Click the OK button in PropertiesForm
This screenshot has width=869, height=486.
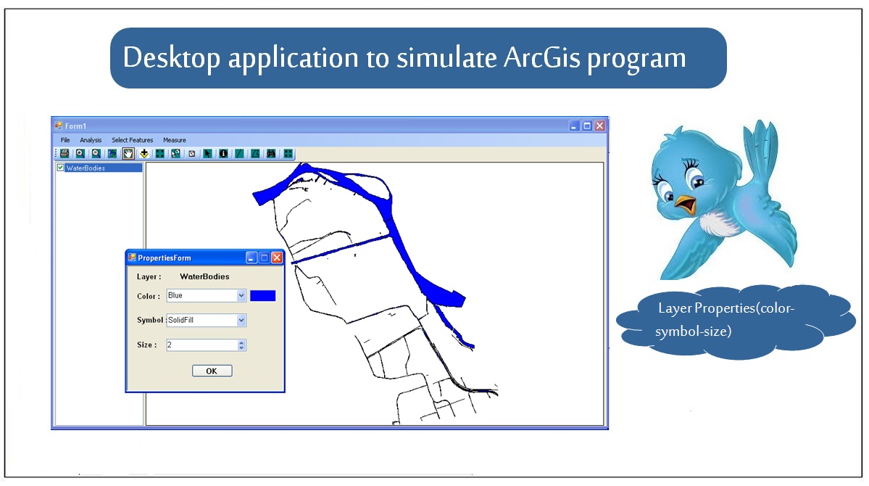point(212,371)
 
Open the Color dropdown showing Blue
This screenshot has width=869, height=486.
point(206,295)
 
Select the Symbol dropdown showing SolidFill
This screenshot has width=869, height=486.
point(206,320)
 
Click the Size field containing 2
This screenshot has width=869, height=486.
point(206,345)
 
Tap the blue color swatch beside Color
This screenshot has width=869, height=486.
point(262,296)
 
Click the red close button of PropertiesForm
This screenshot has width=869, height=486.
point(277,258)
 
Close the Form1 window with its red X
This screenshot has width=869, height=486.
point(599,126)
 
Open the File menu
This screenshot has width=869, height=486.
point(65,141)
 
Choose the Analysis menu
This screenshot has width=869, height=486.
point(91,141)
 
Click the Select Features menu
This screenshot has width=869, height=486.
point(133,141)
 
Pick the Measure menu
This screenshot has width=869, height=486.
point(175,141)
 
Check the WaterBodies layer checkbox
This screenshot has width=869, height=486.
point(60,168)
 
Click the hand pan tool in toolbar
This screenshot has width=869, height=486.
point(128,154)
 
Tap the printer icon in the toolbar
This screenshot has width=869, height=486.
point(65,154)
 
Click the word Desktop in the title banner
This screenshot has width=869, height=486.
point(171,59)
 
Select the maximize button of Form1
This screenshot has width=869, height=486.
point(587,126)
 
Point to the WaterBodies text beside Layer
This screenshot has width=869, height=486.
point(204,276)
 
